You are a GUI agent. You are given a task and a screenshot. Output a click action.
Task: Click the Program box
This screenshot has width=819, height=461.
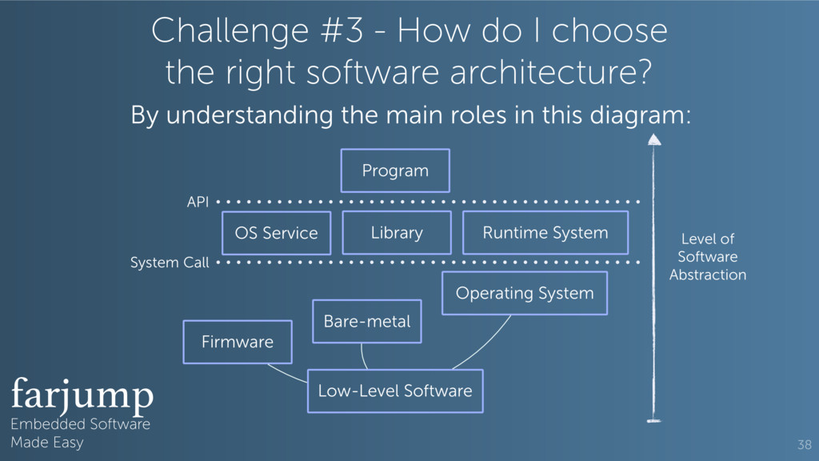click(395, 170)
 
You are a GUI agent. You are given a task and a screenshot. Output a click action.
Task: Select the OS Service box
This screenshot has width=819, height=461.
click(276, 233)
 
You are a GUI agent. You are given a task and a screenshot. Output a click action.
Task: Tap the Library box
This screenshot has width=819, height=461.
click(397, 233)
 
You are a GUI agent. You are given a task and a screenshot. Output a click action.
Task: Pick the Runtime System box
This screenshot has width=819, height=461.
click(545, 233)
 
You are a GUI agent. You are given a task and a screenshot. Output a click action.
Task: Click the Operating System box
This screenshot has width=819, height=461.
click(525, 293)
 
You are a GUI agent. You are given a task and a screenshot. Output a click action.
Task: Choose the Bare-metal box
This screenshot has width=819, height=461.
click(366, 322)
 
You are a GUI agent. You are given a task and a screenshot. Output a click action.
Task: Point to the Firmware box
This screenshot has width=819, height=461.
click(238, 342)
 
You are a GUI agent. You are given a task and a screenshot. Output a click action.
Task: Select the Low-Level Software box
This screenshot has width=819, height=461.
click(395, 391)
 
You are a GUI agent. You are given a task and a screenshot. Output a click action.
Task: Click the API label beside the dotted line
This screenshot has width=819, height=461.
click(198, 202)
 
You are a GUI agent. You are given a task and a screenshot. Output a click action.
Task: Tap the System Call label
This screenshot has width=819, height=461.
click(170, 263)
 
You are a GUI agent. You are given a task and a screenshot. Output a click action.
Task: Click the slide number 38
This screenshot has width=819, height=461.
click(804, 444)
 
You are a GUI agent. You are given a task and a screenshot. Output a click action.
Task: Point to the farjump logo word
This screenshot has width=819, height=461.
click(82, 394)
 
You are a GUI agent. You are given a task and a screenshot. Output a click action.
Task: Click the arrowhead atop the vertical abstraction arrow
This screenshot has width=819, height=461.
click(654, 140)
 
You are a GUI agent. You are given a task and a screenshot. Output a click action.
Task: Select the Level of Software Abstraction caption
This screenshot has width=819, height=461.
click(707, 257)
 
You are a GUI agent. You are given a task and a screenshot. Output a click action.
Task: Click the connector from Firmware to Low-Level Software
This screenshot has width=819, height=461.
click(287, 372)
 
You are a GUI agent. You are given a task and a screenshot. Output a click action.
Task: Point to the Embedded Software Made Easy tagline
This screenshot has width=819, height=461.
click(80, 433)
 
